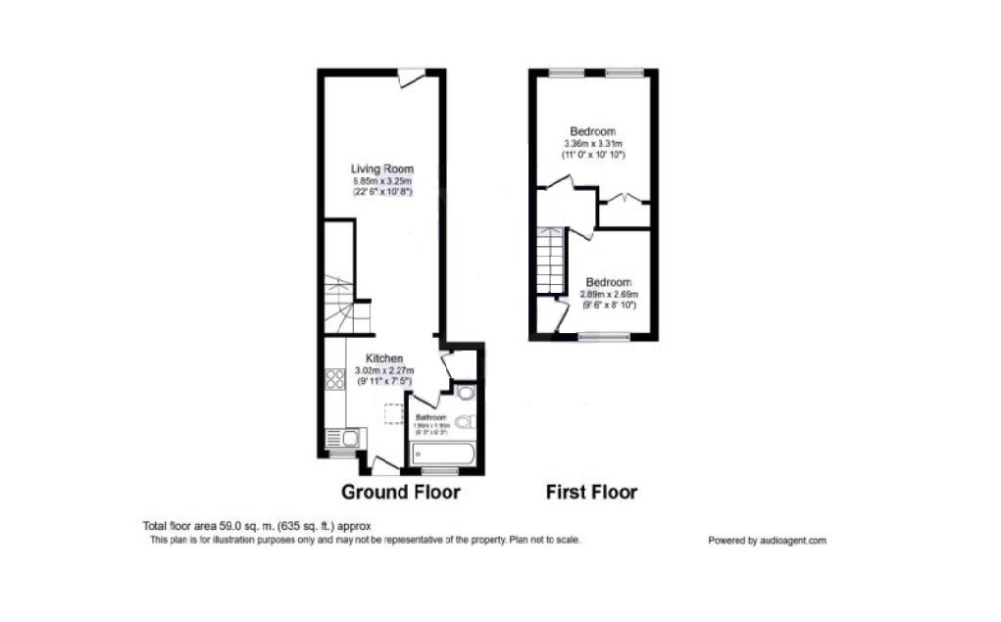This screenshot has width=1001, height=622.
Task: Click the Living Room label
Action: pyautogui.click(x=381, y=169)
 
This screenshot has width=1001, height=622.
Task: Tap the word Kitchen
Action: pyautogui.click(x=384, y=359)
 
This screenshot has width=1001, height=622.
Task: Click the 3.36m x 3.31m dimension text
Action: pyautogui.click(x=593, y=144)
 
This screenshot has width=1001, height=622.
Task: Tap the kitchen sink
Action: pyautogui.click(x=341, y=438)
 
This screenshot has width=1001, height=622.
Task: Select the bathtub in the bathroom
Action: pyautogui.click(x=444, y=454)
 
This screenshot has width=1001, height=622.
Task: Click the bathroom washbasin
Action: pyautogui.click(x=465, y=394)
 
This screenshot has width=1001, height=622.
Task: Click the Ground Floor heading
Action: pyautogui.click(x=400, y=492)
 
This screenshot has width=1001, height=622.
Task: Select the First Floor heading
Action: pyautogui.click(x=591, y=492)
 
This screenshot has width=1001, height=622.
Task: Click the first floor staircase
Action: pyautogui.click(x=551, y=260)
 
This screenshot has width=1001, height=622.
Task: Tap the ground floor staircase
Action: pyautogui.click(x=339, y=305)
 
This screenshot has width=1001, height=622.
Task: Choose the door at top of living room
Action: pyautogui.click(x=412, y=76)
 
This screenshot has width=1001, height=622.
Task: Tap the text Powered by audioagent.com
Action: pyautogui.click(x=767, y=541)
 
